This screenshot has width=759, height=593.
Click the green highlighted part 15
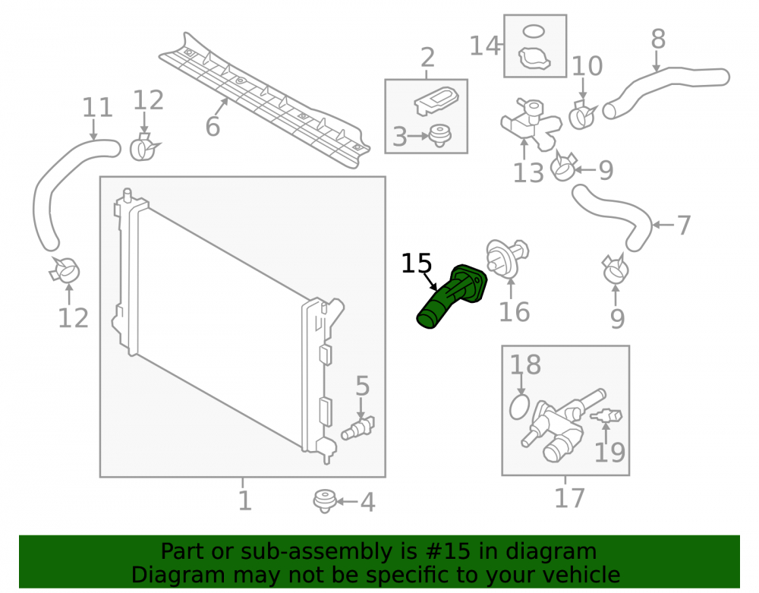tap(450, 296)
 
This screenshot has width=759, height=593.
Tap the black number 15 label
tap(416, 263)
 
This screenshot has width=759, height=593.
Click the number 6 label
tap(213, 126)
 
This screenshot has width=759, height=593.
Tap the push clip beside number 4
tap(325, 501)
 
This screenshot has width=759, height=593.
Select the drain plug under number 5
tap(357, 428)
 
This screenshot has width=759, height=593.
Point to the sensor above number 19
tap(606, 415)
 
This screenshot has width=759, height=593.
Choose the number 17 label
tap(569, 497)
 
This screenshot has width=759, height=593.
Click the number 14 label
tap(485, 46)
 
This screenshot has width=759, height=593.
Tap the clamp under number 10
tap(582, 115)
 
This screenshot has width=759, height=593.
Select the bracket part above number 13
tap(531, 125)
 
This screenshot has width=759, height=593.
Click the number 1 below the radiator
tap(245, 500)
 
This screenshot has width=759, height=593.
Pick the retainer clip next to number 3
tap(440, 136)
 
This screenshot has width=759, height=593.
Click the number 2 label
tap(427, 58)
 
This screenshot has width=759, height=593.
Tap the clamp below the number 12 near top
tap(143, 147)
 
